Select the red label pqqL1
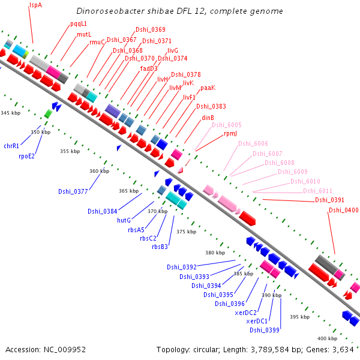pyautogui.click(x=79, y=24)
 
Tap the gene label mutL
pyautogui.click(x=84, y=35)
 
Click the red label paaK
pyautogui.click(x=208, y=88)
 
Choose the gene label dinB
pyautogui.click(x=208, y=118)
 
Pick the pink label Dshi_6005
pyautogui.click(x=227, y=125)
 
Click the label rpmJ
pyautogui.click(x=230, y=134)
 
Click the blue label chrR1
pyautogui.click(x=11, y=146)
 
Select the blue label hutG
pyautogui.click(x=124, y=220)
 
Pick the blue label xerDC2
pyautogui.click(x=246, y=313)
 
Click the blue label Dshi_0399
pyautogui.click(x=265, y=330)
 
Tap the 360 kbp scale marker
pyautogui.click(x=99, y=172)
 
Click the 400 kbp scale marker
pyautogui.click(x=327, y=339)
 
